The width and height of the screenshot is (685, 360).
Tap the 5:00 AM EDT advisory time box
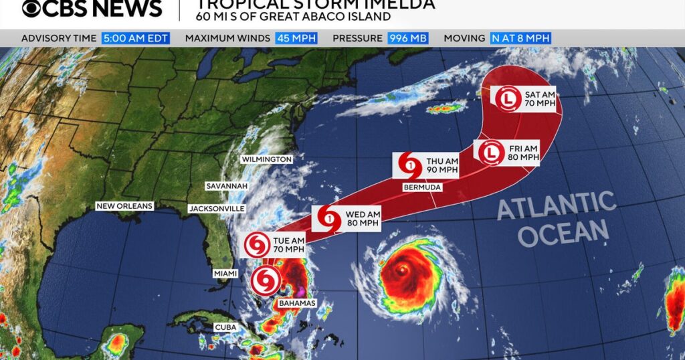click(136, 38)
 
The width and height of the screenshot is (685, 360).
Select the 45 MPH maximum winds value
click(292, 38)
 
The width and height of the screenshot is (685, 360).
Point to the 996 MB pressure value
click(408, 38)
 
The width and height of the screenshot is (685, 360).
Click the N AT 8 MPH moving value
click(520, 38)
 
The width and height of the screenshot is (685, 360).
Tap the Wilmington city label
click(268, 159)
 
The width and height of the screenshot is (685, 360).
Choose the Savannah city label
click(227, 185)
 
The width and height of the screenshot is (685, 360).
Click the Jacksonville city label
click(216, 209)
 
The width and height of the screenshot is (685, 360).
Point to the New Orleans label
click(124, 206)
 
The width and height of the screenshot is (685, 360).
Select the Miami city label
click(225, 274)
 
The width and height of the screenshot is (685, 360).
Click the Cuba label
click(225, 327)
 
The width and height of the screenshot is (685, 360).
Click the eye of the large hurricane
click(401, 269)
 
